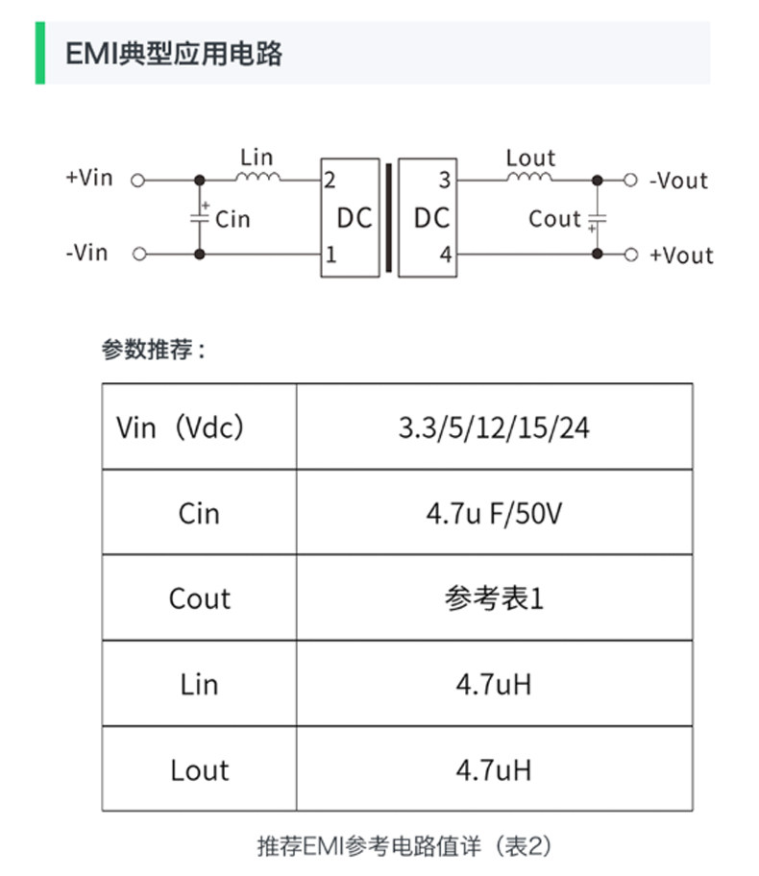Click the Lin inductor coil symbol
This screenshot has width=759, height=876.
coord(257,177)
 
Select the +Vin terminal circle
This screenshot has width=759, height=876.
coord(137,180)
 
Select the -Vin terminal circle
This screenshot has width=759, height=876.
coord(137,255)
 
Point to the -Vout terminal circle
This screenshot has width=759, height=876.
coord(631,180)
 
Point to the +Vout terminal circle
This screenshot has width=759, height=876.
coord(631,255)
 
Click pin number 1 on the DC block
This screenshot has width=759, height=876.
coord(331,255)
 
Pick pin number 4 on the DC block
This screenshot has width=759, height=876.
coord(444,255)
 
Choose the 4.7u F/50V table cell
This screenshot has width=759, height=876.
coord(494,513)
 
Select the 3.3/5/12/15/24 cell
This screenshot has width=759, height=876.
coord(494,427)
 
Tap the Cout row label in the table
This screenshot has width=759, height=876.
coord(199,598)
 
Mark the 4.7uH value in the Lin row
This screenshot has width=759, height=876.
coord(494,684)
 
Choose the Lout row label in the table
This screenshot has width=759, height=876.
coord(199,770)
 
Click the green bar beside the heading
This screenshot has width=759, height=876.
coord(40,53)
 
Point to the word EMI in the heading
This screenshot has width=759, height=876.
coord(87,54)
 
